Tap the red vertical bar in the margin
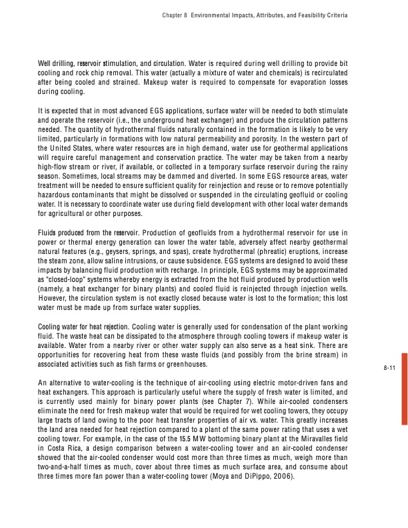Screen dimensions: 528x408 [401, 389]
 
